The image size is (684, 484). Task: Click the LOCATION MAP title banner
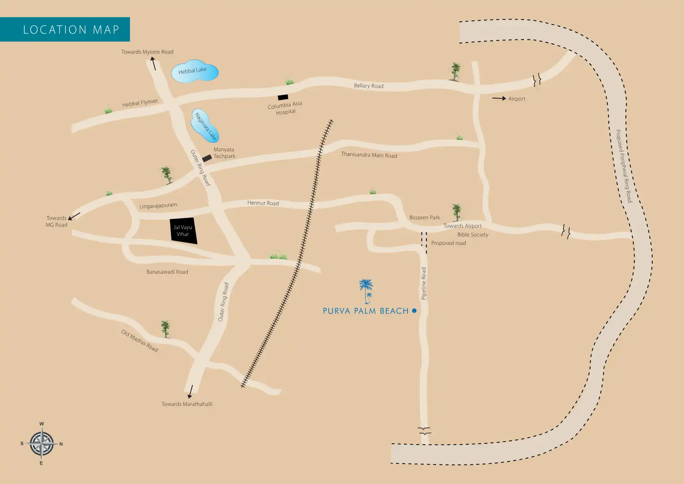tap(65, 29)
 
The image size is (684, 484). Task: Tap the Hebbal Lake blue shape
tap(194, 72)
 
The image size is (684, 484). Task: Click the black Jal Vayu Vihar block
tap(184, 231)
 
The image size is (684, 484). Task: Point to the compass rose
tap(41, 443)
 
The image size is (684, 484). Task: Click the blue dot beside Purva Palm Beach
tap(414, 310)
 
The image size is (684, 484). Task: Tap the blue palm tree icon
tap(366, 290)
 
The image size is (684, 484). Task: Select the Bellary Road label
tap(369, 86)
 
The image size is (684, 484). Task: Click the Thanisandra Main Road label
tap(369, 155)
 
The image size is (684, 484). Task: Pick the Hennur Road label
tap(263, 203)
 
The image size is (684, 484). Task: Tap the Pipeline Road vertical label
tap(423, 283)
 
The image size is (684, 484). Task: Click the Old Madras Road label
tap(139, 341)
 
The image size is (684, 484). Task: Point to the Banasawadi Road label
tap(167, 272)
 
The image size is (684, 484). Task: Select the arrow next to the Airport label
tap(499, 98)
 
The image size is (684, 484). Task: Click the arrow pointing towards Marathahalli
tap(190, 391)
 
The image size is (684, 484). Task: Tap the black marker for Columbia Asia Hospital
tap(283, 97)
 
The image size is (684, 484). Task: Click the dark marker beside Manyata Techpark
tap(207, 158)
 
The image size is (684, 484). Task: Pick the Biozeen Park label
tap(424, 218)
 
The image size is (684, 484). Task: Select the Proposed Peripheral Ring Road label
tap(624, 166)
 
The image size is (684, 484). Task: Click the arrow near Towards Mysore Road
tap(154, 63)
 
